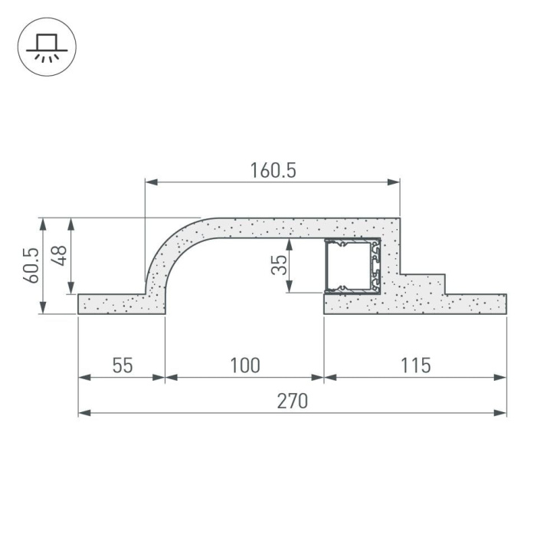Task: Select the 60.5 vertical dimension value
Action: click(x=31, y=265)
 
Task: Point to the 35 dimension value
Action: click(x=279, y=265)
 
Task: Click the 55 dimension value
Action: click(x=123, y=365)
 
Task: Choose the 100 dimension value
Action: click(x=244, y=365)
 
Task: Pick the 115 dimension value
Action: click(x=414, y=365)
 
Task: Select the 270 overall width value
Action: click(x=292, y=401)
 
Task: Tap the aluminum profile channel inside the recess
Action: click(x=352, y=266)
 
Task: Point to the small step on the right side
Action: click(x=424, y=283)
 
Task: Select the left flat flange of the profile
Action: click(x=115, y=304)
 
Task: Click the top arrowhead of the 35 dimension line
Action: click(x=289, y=244)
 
